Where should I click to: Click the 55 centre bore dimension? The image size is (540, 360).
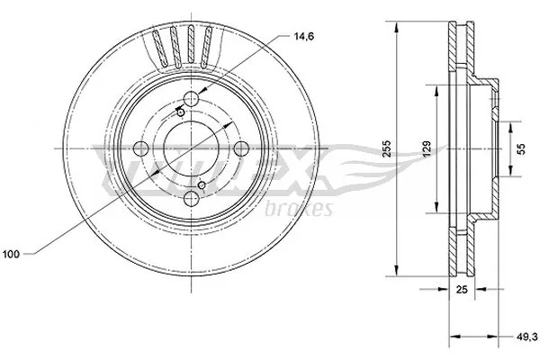[519, 148]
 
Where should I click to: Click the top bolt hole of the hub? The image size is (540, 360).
[192, 101]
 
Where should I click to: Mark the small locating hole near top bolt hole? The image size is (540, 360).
[179, 112]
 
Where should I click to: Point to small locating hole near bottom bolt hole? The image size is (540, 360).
[202, 185]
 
